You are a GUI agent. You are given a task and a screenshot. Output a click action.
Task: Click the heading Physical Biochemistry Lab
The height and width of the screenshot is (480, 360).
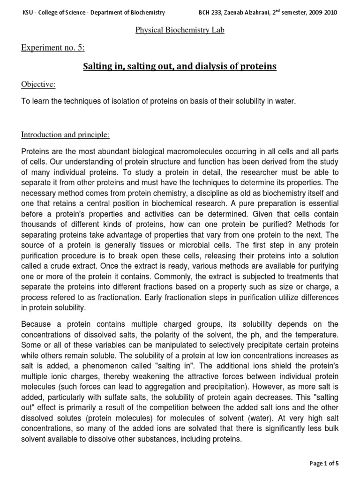tap(180, 30)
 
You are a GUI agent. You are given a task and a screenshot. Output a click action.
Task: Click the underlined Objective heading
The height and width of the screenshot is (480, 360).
tap(38, 84)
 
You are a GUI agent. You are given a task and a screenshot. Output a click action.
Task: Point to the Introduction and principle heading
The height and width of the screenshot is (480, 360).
tap(66, 135)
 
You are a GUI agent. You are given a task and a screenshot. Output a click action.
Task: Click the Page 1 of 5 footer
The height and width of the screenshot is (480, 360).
tap(324, 463)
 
